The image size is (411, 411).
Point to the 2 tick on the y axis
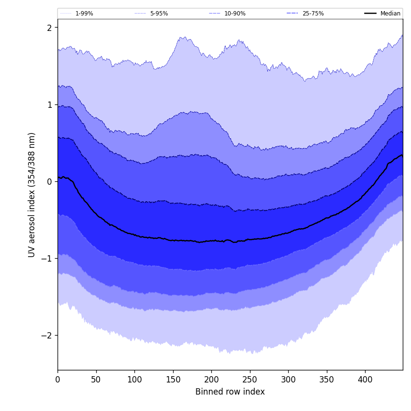(x=49, y=28)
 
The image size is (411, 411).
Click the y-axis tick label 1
(x=49, y=105)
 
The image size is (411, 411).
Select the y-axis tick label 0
(x=49, y=182)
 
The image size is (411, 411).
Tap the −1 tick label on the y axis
(x=47, y=259)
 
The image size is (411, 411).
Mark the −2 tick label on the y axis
(x=47, y=336)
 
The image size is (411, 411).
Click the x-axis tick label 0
(x=58, y=380)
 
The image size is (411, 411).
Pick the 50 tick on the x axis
(x=96, y=380)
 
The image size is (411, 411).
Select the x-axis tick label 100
(x=134, y=380)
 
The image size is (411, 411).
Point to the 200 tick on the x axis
(x=211, y=380)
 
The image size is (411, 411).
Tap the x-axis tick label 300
(x=288, y=380)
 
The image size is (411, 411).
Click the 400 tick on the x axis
(x=365, y=380)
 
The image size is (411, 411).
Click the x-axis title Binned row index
(x=230, y=392)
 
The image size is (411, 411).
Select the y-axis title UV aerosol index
(x=32, y=195)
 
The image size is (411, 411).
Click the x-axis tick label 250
(x=250, y=380)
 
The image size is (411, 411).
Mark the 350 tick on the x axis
(x=327, y=380)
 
